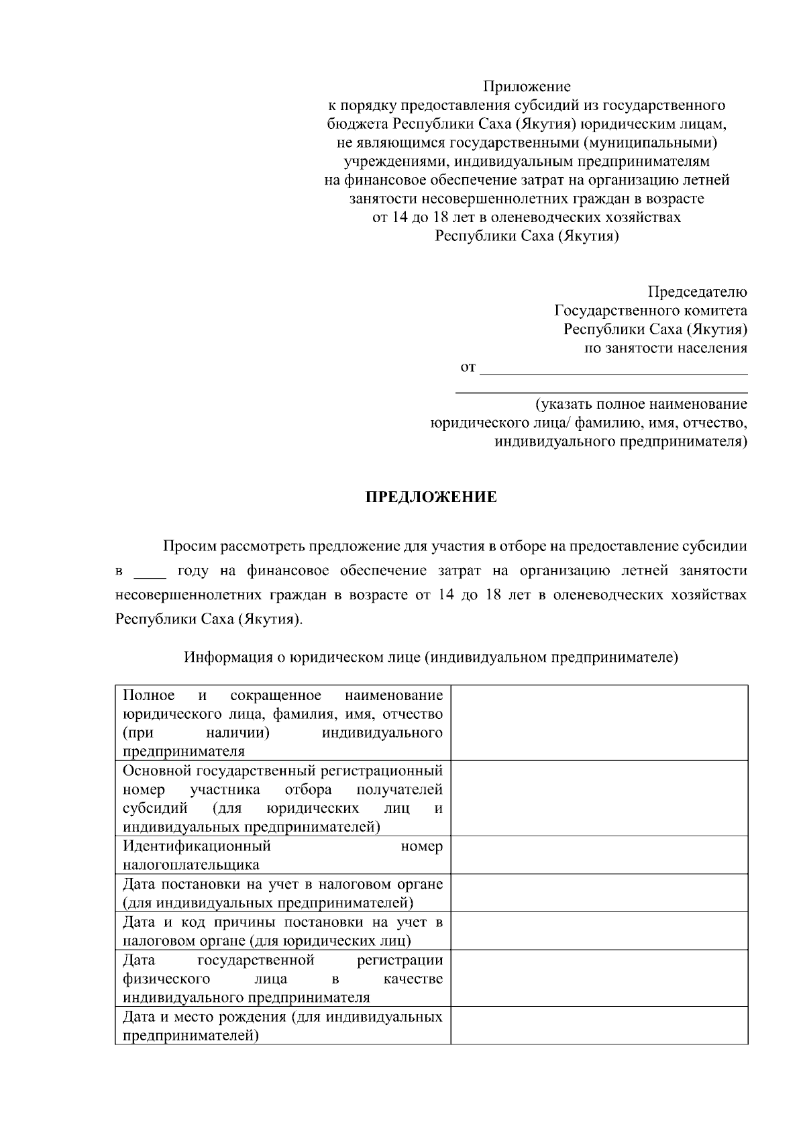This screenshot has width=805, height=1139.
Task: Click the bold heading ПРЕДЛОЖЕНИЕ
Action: point(431,497)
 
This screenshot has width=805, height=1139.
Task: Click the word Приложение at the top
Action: point(527,87)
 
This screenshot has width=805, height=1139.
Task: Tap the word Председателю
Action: point(697,292)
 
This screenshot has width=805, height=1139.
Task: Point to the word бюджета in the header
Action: point(358,124)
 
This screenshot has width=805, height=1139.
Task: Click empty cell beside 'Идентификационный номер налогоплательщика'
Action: point(599,854)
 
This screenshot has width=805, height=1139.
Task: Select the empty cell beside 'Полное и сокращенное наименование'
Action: point(599,722)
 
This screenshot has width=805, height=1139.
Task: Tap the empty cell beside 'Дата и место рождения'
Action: point(599,1025)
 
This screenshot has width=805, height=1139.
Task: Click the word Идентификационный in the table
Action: point(197,846)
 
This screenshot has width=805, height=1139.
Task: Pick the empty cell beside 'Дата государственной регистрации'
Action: point(599,978)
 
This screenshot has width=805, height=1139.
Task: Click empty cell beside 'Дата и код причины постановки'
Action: point(599,930)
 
